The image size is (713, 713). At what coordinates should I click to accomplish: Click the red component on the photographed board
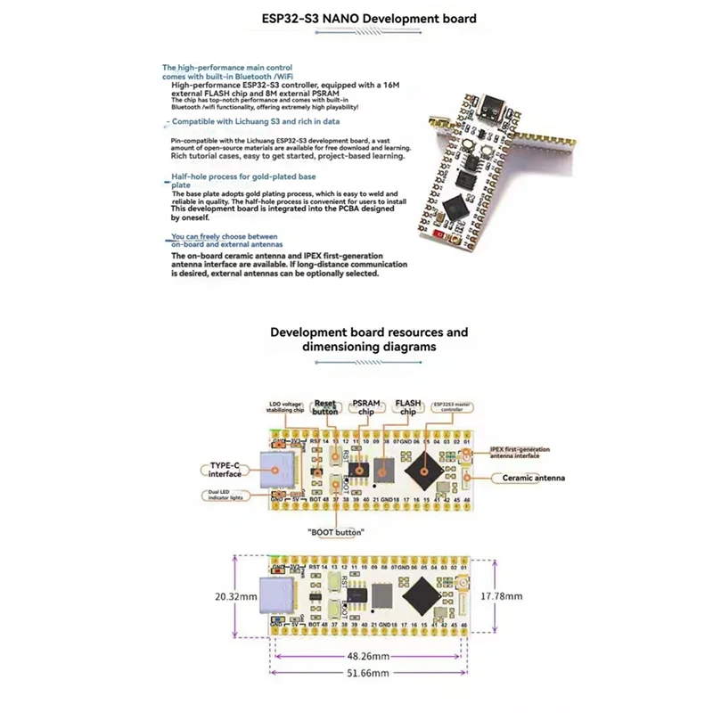pyautogui.click(x=439, y=233)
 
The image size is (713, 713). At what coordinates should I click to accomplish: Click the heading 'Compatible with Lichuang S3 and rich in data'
pyautogui.click(x=254, y=120)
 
